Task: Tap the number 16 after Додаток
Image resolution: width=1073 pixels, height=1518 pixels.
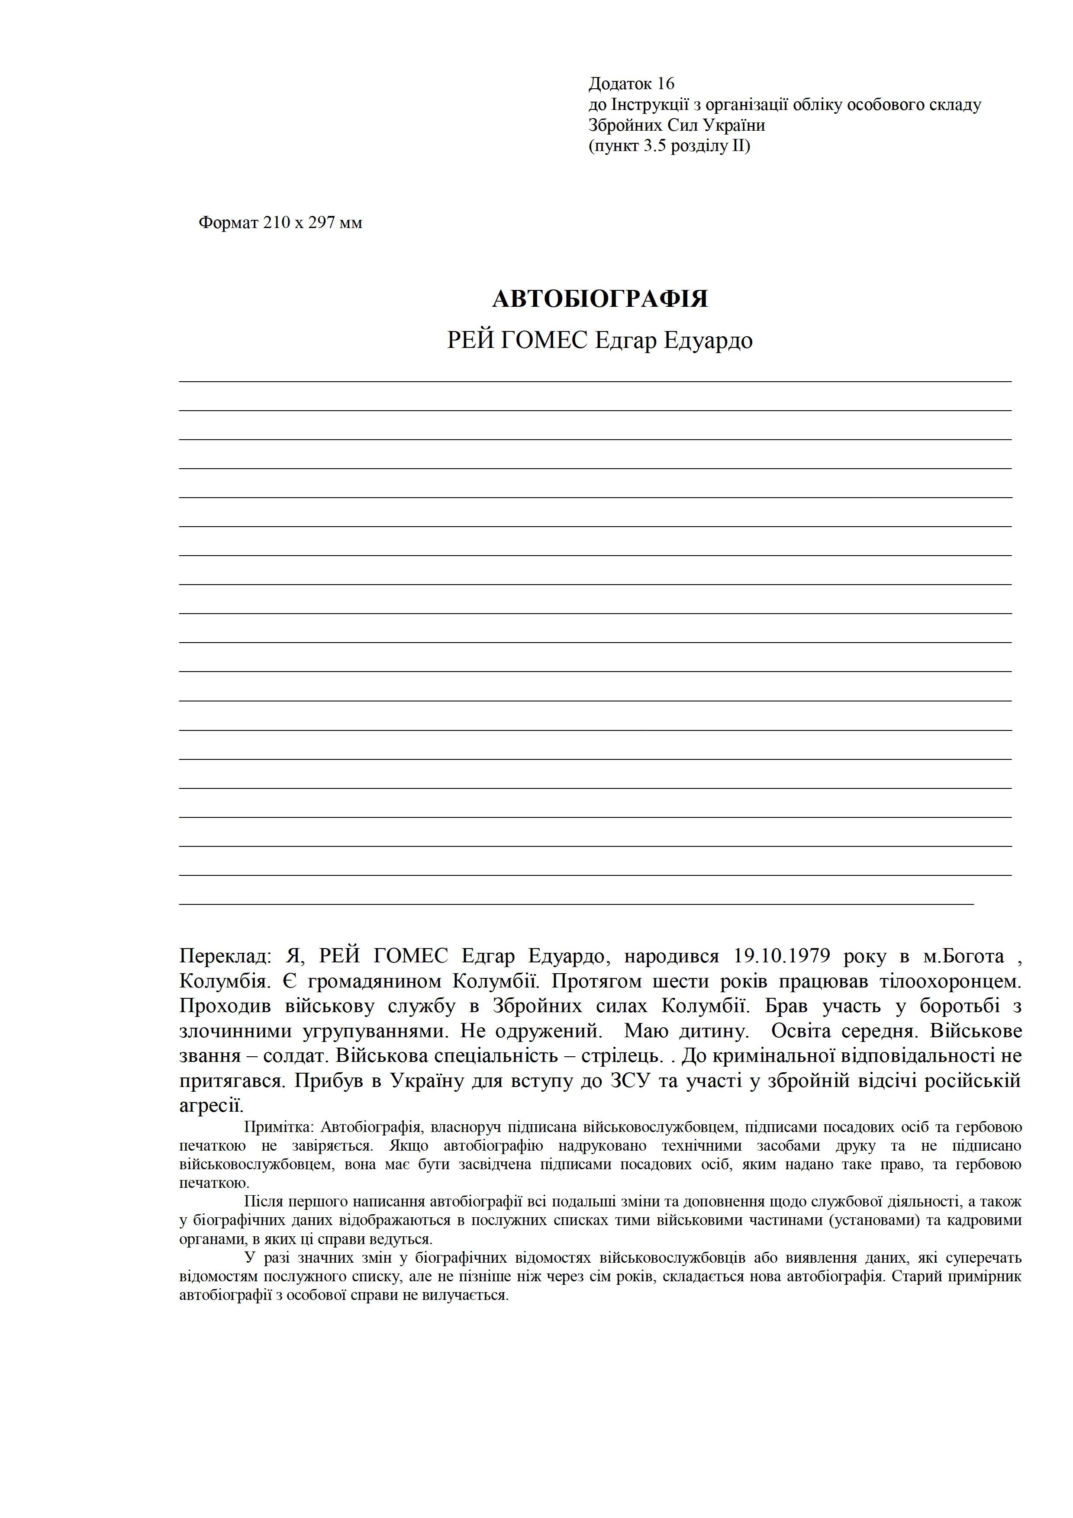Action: coord(666,84)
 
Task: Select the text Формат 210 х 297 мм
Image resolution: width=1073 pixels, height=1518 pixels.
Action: coord(280,223)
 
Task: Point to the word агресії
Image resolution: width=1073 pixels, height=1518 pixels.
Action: coord(212,1106)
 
